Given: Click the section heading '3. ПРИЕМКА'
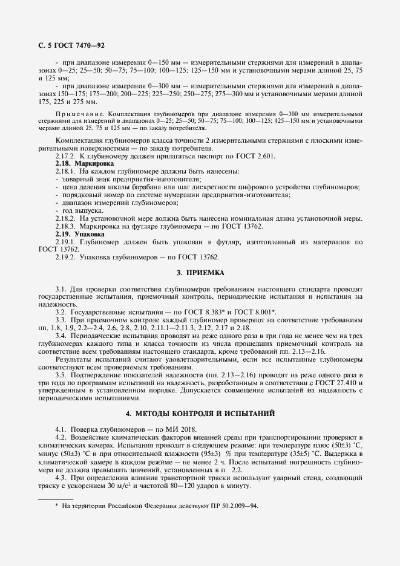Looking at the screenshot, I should pyautogui.click(x=200, y=273).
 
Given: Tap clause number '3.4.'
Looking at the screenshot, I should pyautogui.click(x=60, y=334).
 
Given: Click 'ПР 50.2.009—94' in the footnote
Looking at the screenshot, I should pyautogui.click(x=235, y=506).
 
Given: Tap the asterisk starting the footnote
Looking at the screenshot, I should pyautogui.click(x=56, y=505).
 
